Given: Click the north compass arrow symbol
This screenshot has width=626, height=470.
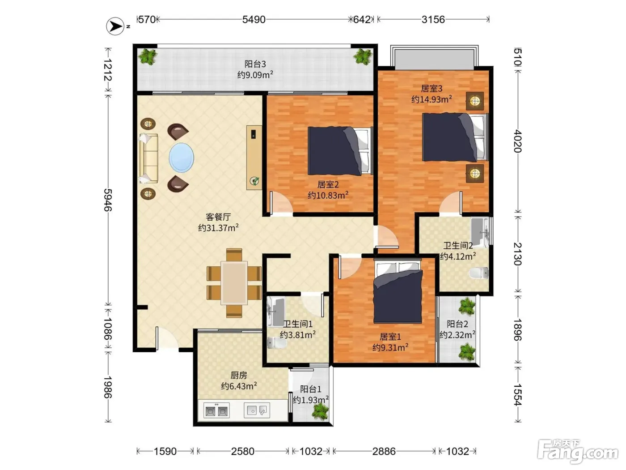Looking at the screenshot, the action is [x=115, y=26].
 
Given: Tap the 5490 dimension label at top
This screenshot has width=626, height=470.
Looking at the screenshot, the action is [x=254, y=19].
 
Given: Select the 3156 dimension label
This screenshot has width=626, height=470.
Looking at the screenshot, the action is [x=433, y=19].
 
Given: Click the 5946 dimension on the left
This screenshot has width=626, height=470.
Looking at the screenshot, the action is [x=108, y=200].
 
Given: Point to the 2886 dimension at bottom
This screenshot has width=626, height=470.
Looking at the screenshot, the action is [x=384, y=451].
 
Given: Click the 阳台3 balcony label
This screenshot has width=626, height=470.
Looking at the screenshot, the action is [x=255, y=64].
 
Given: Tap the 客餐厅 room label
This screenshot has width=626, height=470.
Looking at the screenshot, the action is [x=218, y=217].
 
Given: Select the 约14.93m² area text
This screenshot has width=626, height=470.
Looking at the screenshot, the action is [x=431, y=99].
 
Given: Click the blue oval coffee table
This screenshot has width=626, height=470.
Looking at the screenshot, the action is [x=182, y=158].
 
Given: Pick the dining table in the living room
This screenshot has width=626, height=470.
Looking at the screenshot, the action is [x=234, y=283].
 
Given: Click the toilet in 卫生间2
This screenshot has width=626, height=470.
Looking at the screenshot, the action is [x=478, y=273].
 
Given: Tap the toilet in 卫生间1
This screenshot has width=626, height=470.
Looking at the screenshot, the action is [x=277, y=342].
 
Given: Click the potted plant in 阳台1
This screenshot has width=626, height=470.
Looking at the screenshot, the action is [x=320, y=411].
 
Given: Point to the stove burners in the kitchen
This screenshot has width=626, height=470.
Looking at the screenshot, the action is [x=216, y=411].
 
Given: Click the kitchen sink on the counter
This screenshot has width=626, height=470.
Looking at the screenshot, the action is [x=257, y=410].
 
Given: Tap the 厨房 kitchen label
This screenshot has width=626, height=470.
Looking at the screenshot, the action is [x=238, y=375].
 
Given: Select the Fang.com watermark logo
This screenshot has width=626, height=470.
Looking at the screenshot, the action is [x=578, y=452].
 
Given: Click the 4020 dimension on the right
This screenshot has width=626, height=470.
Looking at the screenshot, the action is [x=518, y=141].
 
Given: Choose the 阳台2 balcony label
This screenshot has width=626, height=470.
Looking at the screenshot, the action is [x=457, y=324].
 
